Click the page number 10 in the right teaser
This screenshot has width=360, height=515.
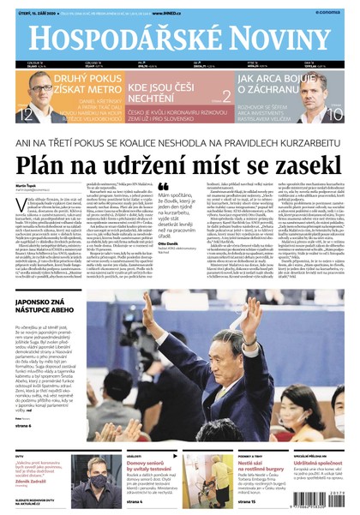point(334,115)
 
